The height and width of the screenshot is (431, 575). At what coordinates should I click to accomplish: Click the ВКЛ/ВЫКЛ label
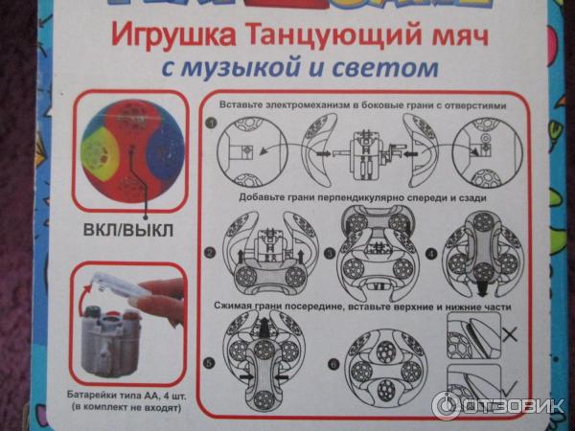click(x=128, y=231)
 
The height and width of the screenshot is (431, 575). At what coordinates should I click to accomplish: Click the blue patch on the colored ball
click(x=164, y=150)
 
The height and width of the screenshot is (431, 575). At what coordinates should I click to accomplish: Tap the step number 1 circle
click(x=211, y=124)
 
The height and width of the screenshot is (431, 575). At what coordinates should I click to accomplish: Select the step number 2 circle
click(x=210, y=253)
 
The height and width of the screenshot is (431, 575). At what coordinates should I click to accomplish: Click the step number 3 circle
click(x=331, y=253)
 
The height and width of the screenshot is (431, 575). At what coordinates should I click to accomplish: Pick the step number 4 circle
click(x=432, y=253)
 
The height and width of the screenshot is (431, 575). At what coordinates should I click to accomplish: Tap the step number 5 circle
click(x=210, y=364)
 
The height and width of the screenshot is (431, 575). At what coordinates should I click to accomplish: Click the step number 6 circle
click(x=333, y=365)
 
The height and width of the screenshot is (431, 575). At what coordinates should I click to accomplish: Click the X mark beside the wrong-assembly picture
click(x=510, y=334)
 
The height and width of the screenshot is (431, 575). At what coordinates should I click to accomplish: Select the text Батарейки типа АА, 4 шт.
click(x=126, y=396)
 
